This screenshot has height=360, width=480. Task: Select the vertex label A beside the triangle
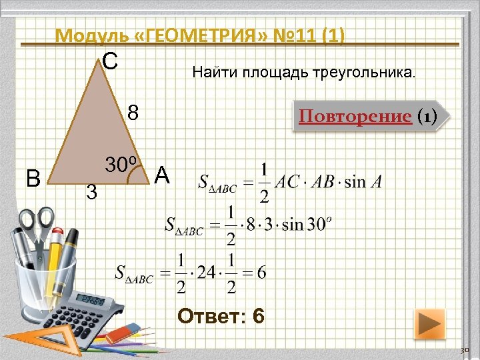[x=163, y=175]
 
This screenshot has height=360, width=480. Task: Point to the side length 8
[x=133, y=112]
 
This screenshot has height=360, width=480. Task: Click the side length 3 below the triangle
[x=93, y=194]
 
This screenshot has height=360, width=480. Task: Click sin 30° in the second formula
[x=304, y=224]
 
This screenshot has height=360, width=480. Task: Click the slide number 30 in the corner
[x=466, y=350]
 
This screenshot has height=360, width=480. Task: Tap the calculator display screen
[x=89, y=299]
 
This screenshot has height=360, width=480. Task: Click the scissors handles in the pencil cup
[x=37, y=223]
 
